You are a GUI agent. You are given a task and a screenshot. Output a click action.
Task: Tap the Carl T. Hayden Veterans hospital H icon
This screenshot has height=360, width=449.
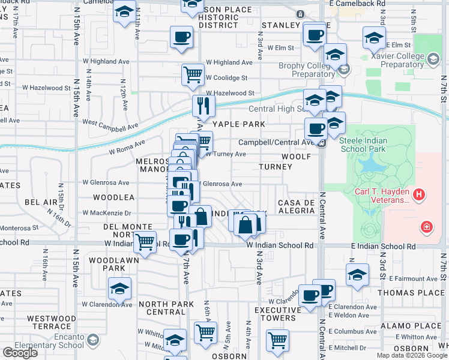(x=420, y=195)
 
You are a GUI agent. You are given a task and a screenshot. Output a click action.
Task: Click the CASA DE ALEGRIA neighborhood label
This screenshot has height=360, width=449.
(x=297, y=207)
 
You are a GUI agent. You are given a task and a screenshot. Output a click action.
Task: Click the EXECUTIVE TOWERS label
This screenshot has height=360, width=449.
(x=277, y=314)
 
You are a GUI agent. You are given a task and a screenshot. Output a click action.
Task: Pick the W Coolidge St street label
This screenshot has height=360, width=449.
(x=226, y=78)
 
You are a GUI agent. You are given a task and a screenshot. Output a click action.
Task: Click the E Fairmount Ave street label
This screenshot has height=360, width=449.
(x=414, y=278)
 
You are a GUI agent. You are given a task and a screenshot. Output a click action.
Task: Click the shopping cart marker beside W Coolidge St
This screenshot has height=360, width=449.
(x=193, y=74)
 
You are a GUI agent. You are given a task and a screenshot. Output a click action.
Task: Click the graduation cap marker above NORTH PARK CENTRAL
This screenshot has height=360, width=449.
(x=120, y=289)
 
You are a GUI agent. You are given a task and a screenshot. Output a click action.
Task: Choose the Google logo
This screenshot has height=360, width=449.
(x=20, y=353)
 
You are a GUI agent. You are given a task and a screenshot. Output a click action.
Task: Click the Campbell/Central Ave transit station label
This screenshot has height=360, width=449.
(x=276, y=143)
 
